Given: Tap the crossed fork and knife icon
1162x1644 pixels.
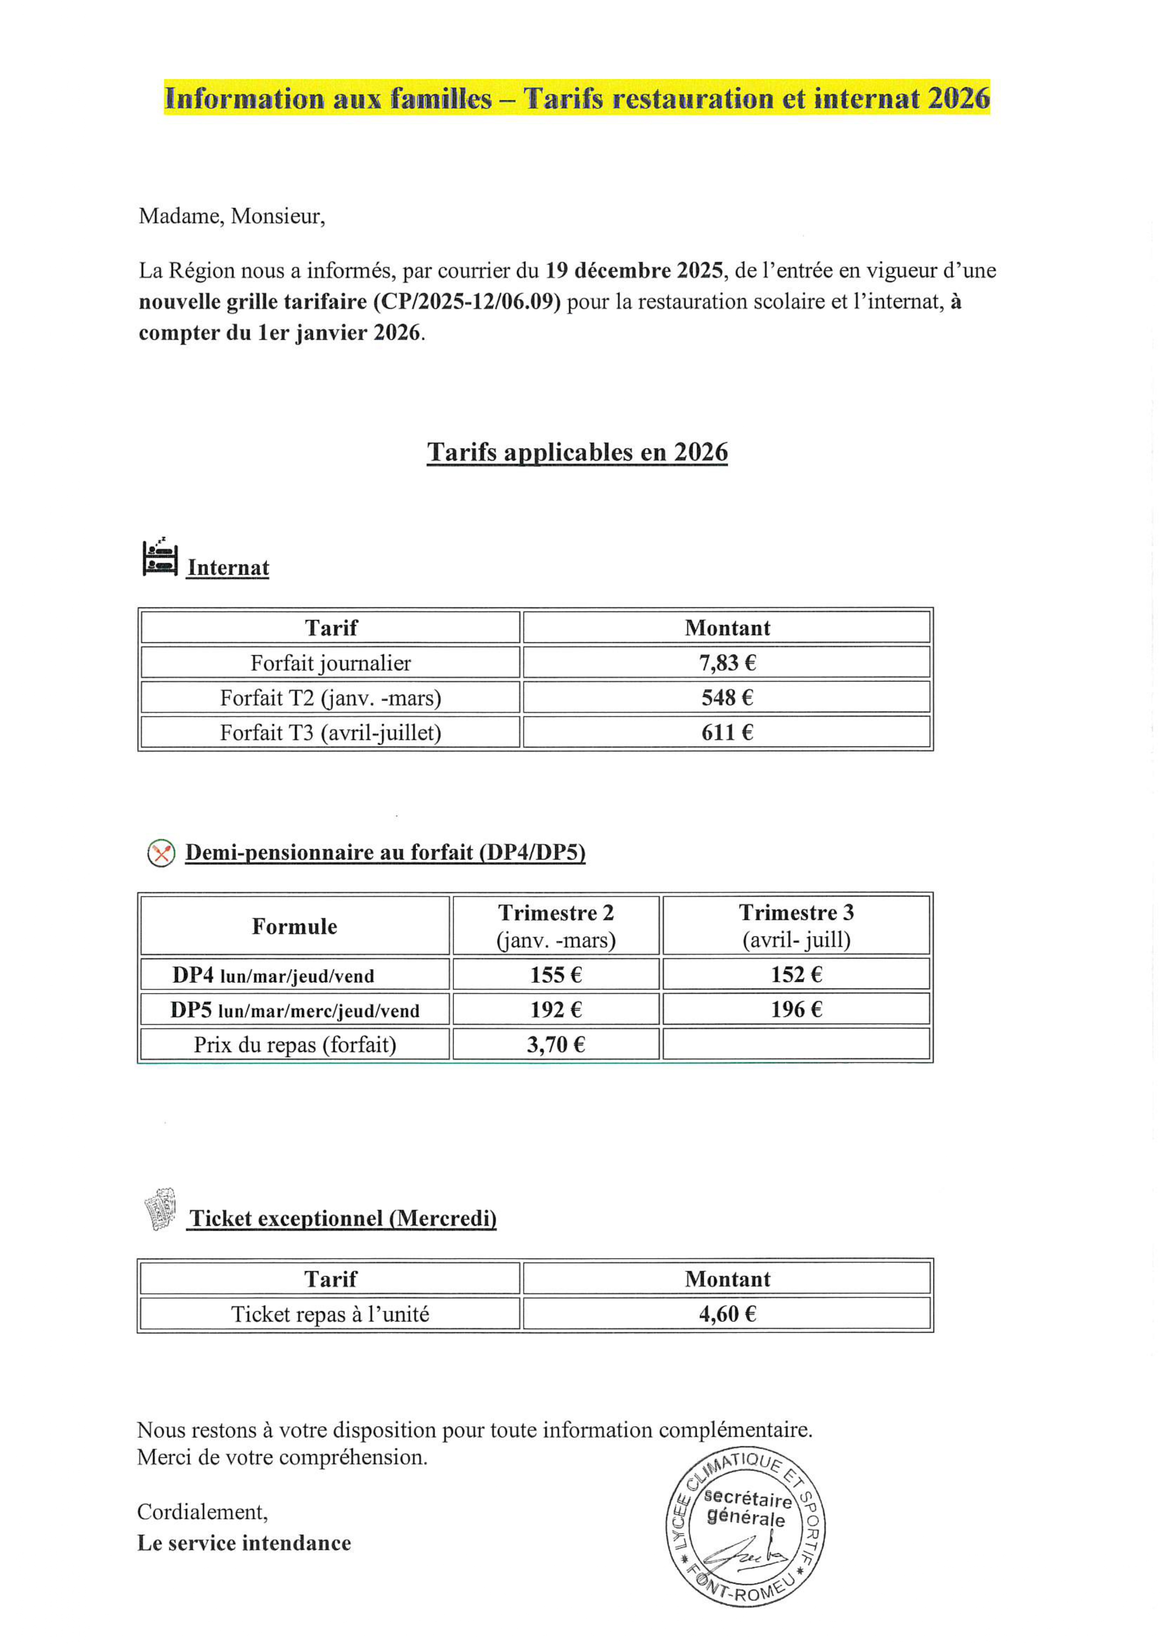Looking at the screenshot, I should click(x=161, y=853).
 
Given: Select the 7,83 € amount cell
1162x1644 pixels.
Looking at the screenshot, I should click(x=727, y=662).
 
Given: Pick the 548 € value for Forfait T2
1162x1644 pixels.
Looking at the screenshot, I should click(x=727, y=697).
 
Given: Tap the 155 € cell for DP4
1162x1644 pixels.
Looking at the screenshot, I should click(x=556, y=974).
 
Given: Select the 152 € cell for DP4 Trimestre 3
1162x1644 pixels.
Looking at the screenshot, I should click(x=796, y=974).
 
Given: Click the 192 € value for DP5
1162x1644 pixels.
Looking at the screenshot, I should click(x=556, y=1009).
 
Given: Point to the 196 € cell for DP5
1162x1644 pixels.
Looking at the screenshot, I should click(x=796, y=1009).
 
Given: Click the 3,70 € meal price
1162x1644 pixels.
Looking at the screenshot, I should click(x=556, y=1045).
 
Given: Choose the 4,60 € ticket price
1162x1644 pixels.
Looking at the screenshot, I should click(x=727, y=1314).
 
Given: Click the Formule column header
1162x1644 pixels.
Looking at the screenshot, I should click(x=294, y=927).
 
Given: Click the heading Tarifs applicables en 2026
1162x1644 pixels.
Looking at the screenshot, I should click(x=577, y=453).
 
